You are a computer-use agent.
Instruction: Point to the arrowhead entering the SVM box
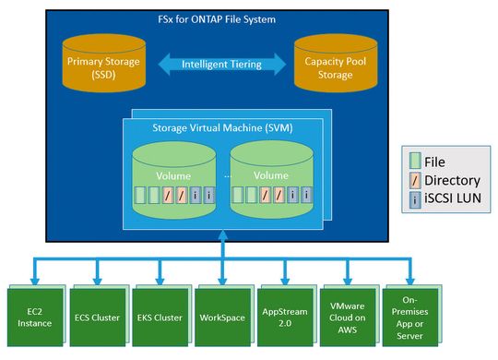(220, 241)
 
